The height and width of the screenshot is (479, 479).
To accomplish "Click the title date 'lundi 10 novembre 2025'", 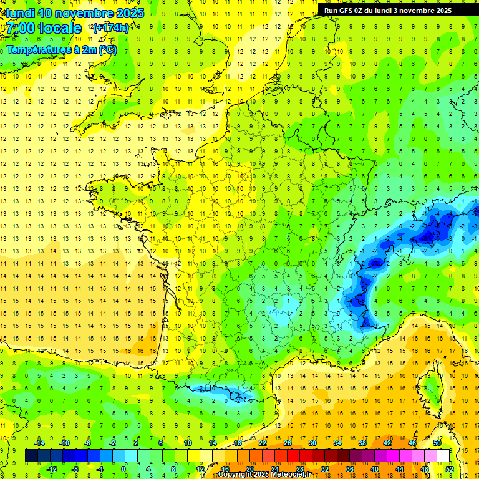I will pyautogui.click(x=75, y=13).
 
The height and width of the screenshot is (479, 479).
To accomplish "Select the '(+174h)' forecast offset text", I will pyautogui.click(x=111, y=28).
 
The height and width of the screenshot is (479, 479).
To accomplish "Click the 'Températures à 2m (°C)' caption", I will pyautogui.click(x=61, y=49).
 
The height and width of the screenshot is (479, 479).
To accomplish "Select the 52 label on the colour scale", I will pyautogui.click(x=450, y=468).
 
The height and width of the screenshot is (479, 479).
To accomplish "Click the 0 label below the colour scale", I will pyautogui.click(x=123, y=468).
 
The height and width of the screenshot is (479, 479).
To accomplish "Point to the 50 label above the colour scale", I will pyautogui.click(x=437, y=442).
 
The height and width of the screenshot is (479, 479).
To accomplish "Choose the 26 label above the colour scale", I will pyautogui.click(x=288, y=442).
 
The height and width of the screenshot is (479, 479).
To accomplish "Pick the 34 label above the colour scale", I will pyautogui.click(x=337, y=442).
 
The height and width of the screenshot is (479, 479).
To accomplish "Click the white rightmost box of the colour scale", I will pyautogui.click(x=443, y=455).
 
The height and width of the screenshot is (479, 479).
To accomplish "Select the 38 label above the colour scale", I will pyautogui.click(x=362, y=442).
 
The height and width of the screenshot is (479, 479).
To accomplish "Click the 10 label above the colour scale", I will pyautogui.click(x=188, y=442).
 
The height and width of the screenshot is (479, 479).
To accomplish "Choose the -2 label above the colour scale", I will pyautogui.click(x=113, y=442).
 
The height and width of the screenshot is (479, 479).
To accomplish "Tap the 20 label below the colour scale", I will pyautogui.click(x=250, y=468).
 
